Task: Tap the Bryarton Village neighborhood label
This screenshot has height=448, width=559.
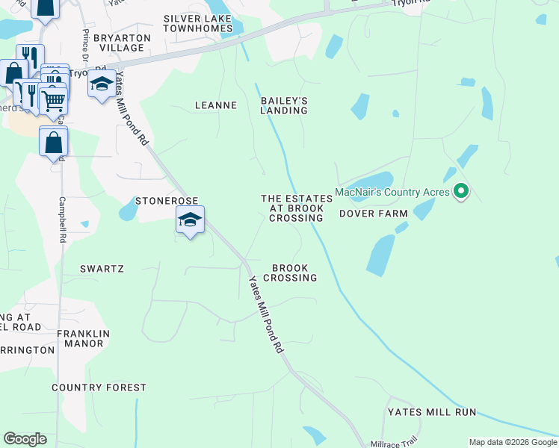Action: (122, 43)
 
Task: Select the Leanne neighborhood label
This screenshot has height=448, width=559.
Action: (215, 105)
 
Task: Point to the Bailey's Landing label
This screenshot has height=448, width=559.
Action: (284, 105)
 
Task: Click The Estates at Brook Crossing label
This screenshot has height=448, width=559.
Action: (296, 208)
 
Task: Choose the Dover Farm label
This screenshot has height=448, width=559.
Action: (374, 214)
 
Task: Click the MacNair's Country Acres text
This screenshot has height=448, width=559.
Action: (392, 192)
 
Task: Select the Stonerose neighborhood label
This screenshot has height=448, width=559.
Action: (167, 201)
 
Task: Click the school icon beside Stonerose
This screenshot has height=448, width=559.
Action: (190, 220)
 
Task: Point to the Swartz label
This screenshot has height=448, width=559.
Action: (102, 268)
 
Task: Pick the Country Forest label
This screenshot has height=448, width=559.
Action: (99, 388)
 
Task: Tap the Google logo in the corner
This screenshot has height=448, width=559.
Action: (25, 439)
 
